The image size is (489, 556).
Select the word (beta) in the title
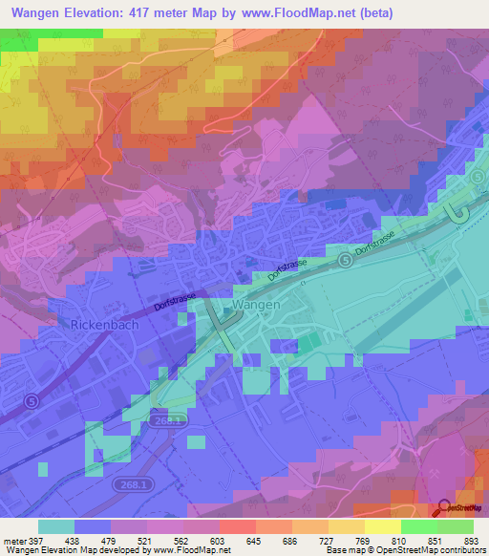[372, 13]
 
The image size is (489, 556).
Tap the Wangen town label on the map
[256, 305]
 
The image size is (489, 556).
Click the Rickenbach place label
[105, 325]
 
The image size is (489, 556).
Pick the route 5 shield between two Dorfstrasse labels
[343, 259]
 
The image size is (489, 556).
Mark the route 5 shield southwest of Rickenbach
[32, 402]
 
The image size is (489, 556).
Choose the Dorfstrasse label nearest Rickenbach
[175, 304]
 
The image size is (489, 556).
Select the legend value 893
[471, 541]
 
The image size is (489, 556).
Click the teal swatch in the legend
[56, 526]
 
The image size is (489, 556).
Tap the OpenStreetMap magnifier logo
[444, 509]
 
